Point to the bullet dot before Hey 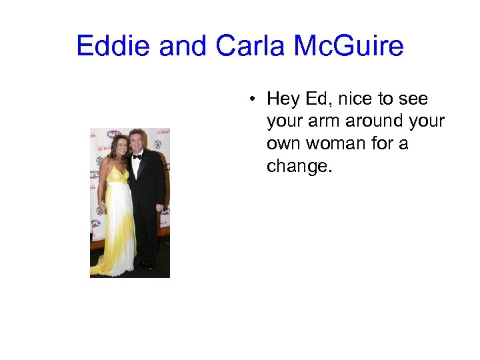tap(255, 100)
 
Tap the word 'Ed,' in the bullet tap(319, 99)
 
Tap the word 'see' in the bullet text tap(413, 99)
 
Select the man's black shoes tap(145, 266)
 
